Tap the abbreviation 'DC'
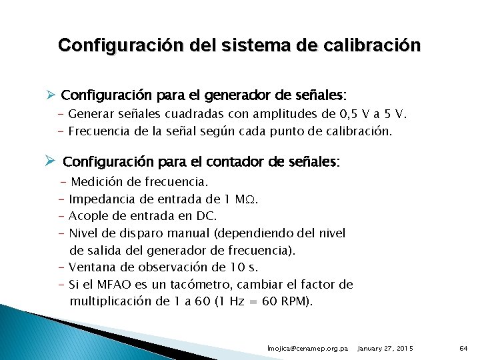click(x=205, y=216)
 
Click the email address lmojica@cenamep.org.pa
click(x=307, y=349)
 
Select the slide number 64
click(x=464, y=349)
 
